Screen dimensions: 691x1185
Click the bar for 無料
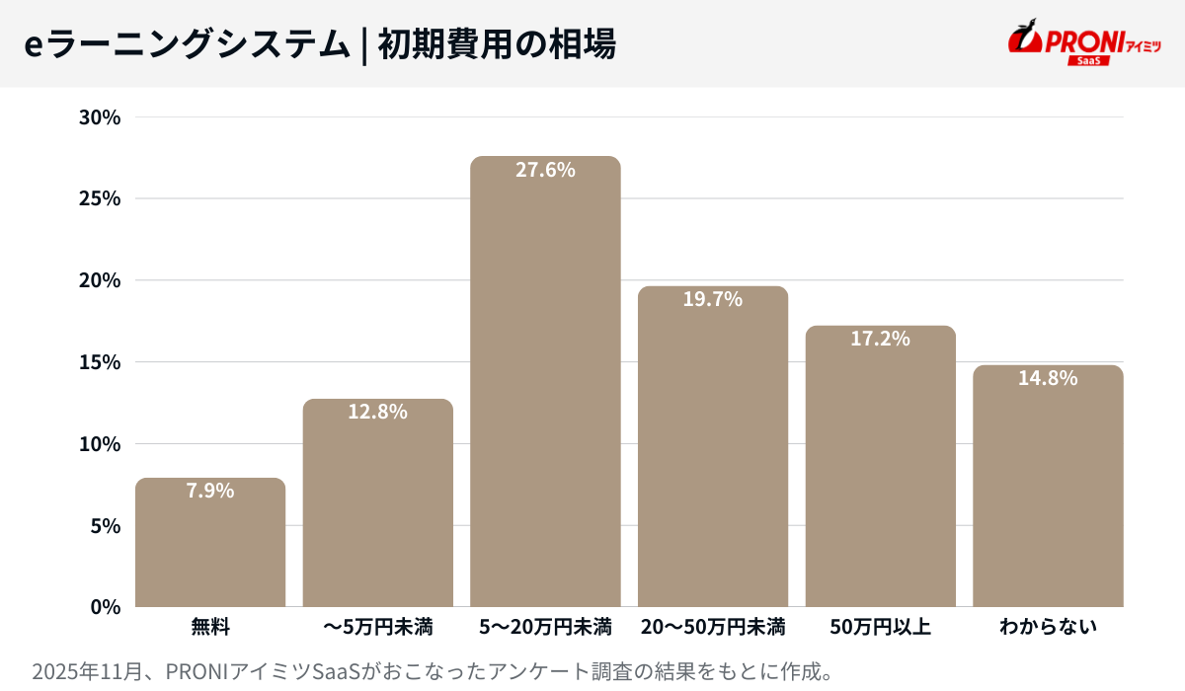click(210, 543)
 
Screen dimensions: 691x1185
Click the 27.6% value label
click(545, 170)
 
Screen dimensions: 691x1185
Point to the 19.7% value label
click(712, 299)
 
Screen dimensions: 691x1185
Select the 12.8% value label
click(377, 413)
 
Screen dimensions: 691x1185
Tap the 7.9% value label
click(210, 491)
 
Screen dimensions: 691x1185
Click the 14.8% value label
click(1048, 378)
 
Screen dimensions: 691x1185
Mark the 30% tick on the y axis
click(99, 117)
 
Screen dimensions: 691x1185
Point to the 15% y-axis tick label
click(99, 362)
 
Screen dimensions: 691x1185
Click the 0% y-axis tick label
click(104, 606)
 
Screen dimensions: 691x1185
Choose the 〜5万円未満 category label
click(377, 627)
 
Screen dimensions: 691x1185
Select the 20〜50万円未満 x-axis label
click(712, 627)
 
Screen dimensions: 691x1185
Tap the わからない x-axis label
click(1048, 627)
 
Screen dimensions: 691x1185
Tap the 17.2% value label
click(880, 339)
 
